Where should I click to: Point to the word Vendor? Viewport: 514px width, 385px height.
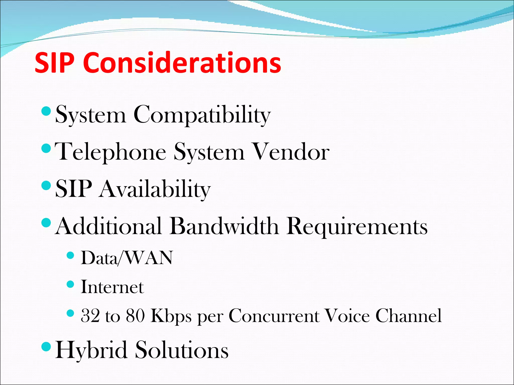(x=291, y=152)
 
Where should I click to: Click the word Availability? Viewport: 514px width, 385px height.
(x=154, y=189)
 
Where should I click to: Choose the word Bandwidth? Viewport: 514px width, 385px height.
(x=224, y=226)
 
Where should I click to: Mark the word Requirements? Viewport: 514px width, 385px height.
(x=357, y=227)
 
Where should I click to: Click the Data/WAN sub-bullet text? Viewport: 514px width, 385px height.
(x=127, y=258)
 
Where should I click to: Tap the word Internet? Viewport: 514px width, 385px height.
(x=112, y=287)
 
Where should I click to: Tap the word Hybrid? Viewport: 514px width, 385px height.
(x=91, y=350)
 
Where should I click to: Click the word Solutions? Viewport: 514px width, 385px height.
(x=182, y=350)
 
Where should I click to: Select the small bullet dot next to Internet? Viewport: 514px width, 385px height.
(x=71, y=284)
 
